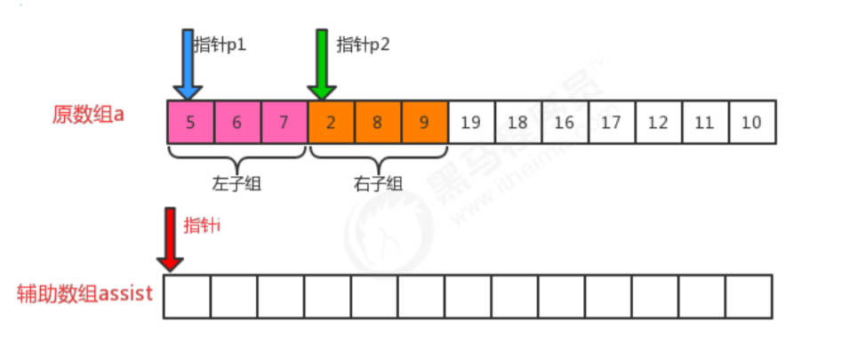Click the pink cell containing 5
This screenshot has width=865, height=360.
191,123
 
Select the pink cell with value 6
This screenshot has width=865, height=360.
237,123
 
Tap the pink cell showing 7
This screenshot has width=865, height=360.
284,123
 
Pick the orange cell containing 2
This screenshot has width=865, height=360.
331,123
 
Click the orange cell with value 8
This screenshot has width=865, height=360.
378,123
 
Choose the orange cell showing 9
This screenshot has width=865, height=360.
424,123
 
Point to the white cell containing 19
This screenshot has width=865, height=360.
471,123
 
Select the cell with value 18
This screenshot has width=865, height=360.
517,123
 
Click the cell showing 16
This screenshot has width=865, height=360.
565,123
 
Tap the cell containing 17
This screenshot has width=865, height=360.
611,123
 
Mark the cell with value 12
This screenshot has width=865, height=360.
658,123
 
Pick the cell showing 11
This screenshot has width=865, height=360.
704,123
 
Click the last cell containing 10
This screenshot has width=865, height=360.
752,123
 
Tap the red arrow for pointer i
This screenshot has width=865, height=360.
170,239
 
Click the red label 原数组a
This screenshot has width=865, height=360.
88,116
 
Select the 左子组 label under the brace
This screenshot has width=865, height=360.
236,184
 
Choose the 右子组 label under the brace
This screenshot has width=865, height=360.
378,184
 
